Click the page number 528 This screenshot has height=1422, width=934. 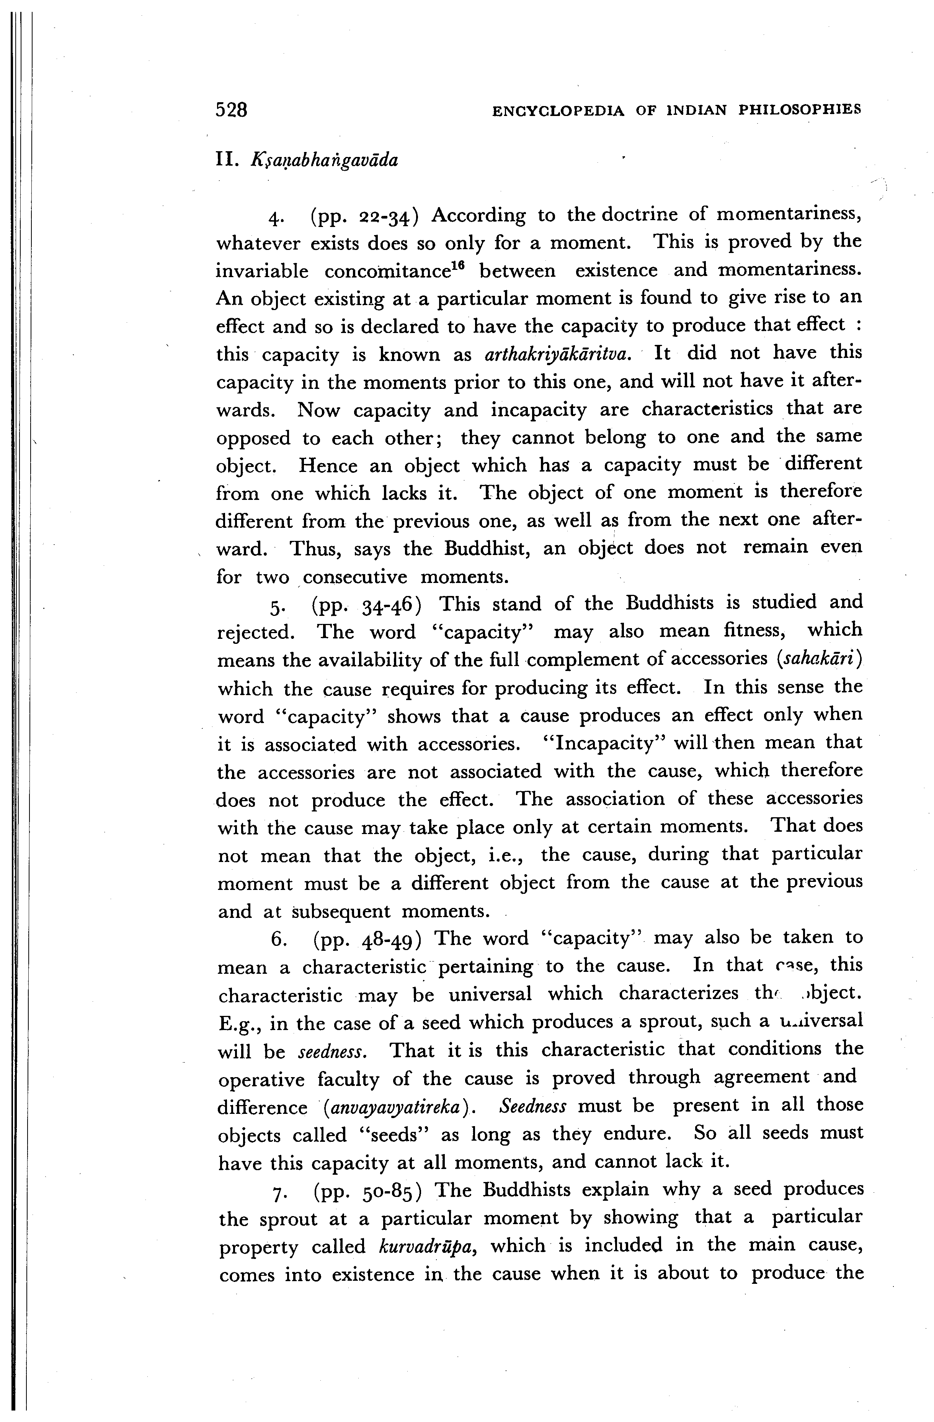(231, 110)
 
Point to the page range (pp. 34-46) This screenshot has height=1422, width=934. (366, 605)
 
